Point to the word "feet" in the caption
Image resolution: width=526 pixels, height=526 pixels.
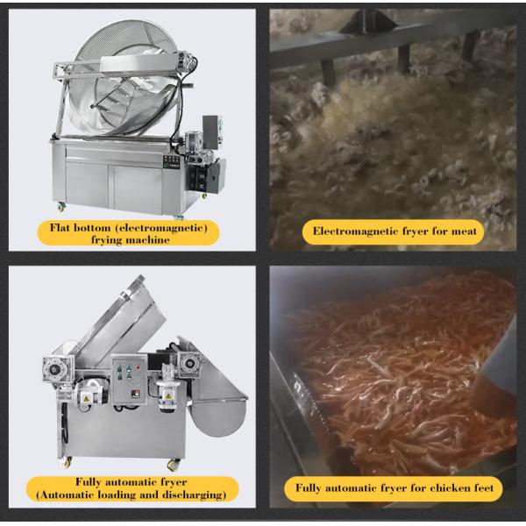483,487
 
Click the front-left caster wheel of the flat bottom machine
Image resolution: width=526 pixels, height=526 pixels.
61,207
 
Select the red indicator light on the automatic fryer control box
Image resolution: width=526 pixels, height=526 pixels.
138,367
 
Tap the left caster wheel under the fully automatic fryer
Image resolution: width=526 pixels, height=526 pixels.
68,462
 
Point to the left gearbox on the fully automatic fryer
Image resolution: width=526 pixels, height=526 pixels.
56,369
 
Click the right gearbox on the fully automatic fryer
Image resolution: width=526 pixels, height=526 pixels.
188,364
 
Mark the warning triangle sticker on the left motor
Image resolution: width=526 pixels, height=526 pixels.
86,399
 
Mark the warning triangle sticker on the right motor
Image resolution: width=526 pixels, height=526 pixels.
167,396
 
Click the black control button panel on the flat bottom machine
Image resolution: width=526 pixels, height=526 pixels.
171,161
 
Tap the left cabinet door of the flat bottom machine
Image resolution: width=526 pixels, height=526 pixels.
87,184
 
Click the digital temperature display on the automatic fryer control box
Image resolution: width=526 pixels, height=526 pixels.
135,394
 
